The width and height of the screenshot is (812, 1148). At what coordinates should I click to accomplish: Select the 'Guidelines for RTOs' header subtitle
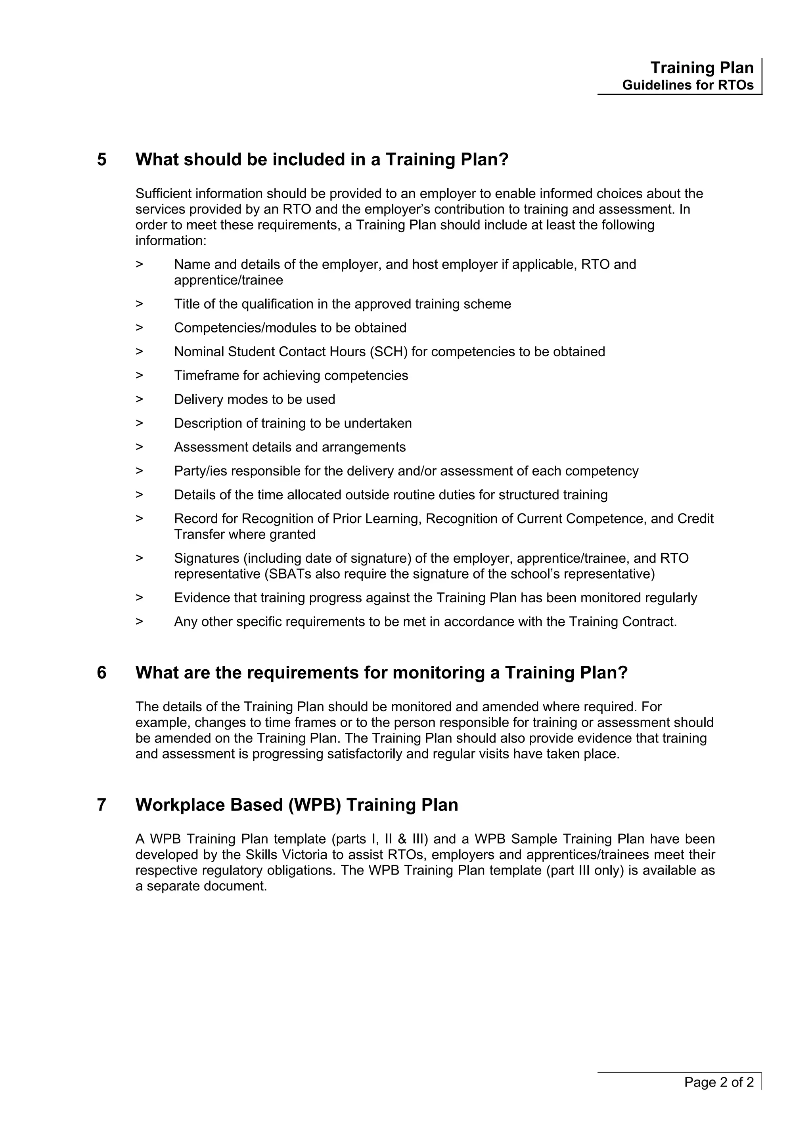pyautogui.click(x=688, y=86)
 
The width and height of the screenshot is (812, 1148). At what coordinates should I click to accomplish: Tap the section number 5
pyautogui.click(x=101, y=160)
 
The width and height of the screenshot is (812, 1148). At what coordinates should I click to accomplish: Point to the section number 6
pyautogui.click(x=101, y=673)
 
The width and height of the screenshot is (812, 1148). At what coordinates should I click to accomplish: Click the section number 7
pyautogui.click(x=101, y=805)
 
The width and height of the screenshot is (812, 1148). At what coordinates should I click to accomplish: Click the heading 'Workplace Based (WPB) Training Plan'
pyautogui.click(x=297, y=805)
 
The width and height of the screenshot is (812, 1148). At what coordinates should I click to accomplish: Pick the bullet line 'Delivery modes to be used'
pyautogui.click(x=254, y=399)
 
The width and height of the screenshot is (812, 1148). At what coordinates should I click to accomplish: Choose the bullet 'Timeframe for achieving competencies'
pyautogui.click(x=291, y=376)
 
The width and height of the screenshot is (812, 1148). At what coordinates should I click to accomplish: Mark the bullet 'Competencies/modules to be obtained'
pyautogui.click(x=290, y=328)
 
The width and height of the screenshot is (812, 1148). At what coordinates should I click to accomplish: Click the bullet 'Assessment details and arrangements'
pyautogui.click(x=290, y=447)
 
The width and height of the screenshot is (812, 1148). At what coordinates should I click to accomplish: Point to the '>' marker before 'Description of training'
pyautogui.click(x=139, y=424)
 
